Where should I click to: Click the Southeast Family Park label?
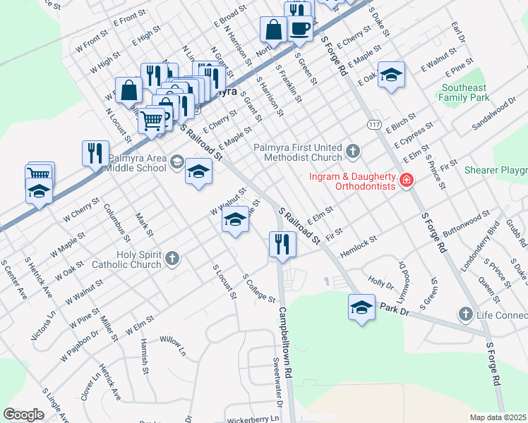(x=464, y=92)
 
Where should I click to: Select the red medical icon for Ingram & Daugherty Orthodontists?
(x=406, y=181)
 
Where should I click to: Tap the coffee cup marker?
(x=300, y=29)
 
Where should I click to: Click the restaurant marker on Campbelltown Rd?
(x=282, y=245)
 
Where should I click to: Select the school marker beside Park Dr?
(x=361, y=307)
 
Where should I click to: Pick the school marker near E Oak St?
(x=390, y=75)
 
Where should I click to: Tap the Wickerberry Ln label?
(x=256, y=418)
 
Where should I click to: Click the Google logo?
(x=23, y=414)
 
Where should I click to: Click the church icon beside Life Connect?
(x=464, y=313)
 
